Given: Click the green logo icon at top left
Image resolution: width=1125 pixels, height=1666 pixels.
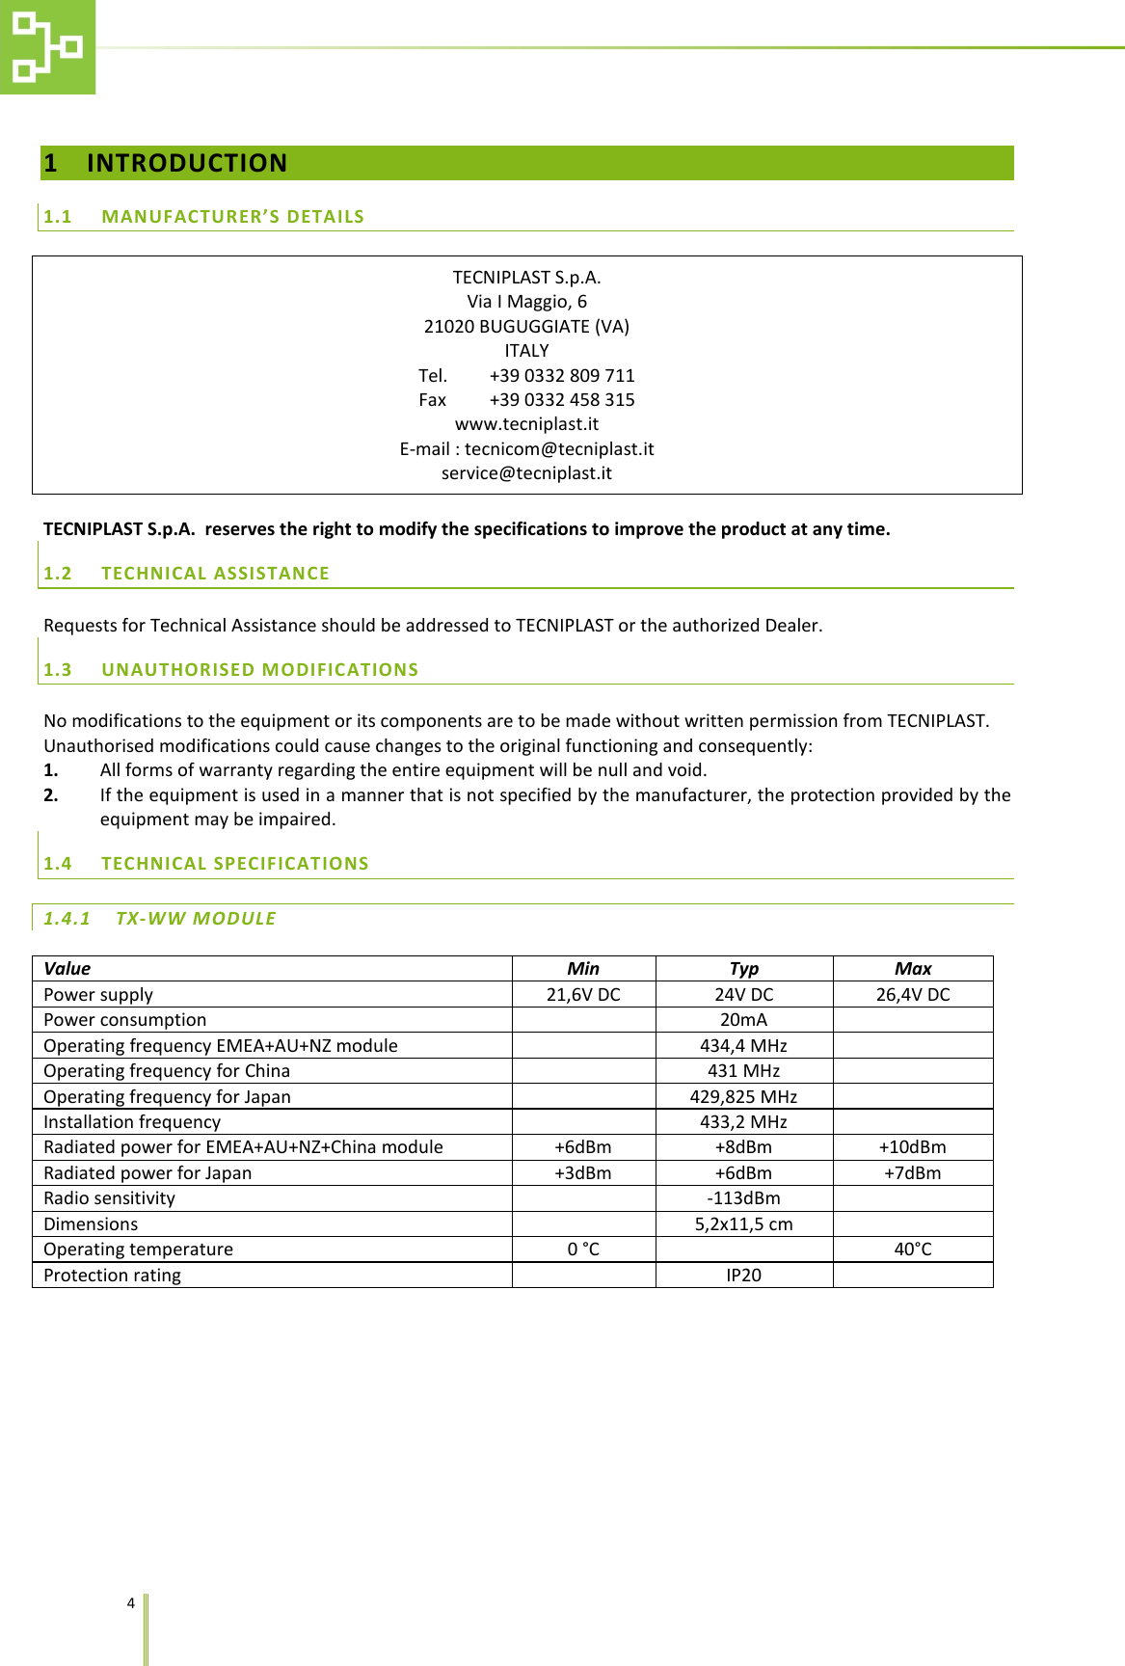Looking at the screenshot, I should pos(46,46).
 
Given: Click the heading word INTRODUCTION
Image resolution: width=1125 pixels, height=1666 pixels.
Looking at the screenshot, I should pos(187,163).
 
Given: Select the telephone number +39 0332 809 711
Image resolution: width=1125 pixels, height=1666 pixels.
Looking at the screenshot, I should pos(561,375).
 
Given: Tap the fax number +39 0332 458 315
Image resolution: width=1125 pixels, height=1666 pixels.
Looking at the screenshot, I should pos(561,399).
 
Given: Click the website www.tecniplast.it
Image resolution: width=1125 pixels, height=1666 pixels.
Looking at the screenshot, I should pos(526,424).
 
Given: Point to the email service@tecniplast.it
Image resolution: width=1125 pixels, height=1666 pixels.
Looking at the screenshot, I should pos(526,473).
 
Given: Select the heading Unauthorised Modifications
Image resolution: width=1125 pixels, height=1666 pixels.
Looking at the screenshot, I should pos(259,670).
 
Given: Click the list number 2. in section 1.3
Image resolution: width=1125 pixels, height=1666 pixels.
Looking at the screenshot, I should pos(51,795).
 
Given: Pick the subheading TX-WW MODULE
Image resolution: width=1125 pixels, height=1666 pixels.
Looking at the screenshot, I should pos(196,919).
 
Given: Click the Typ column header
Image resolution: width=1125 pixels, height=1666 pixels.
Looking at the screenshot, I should pos(743,969).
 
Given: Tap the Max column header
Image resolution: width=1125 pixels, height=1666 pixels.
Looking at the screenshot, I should pos(912,969).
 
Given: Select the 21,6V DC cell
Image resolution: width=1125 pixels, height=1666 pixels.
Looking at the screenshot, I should pos(583,995).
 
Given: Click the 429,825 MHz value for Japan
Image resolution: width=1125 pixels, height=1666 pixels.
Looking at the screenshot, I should pos(743,1097).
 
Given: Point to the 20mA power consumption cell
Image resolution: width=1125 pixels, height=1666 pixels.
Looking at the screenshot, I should pos(743,1020).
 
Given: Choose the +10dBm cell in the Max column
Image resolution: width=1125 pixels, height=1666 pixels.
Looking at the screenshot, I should pos(912,1147).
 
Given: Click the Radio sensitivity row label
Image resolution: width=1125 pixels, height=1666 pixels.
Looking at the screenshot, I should pos(110,1198).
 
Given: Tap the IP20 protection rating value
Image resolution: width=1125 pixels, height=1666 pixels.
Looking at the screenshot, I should pos(743,1276).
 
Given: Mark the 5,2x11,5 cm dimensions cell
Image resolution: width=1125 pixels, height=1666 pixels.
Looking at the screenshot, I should pos(743,1224).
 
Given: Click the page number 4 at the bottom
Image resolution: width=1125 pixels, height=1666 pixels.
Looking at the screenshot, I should pos(131,1603).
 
